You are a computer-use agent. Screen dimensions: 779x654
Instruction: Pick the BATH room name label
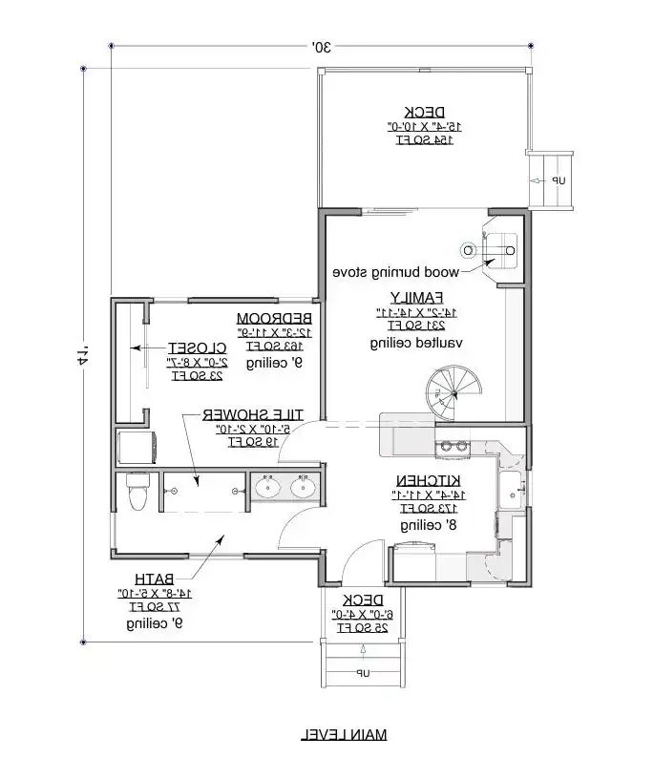pos(153,579)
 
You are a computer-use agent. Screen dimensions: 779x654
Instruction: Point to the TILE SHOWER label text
pos(252,414)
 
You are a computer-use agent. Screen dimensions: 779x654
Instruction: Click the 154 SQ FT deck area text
pos(424,139)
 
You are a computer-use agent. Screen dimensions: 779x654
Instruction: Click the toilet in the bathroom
pos(136,492)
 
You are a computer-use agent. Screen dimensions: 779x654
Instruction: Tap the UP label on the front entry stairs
pos(364,674)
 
